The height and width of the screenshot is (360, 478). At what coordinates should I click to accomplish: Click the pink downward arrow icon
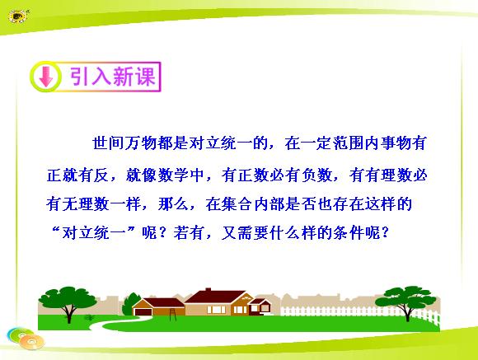(46, 77)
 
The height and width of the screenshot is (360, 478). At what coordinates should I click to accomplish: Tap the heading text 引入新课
(113, 77)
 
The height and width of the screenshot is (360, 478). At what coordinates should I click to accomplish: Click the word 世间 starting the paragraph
(108, 143)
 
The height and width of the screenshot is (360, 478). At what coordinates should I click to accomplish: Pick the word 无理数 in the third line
(86, 204)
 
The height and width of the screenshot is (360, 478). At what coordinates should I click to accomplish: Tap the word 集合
(237, 204)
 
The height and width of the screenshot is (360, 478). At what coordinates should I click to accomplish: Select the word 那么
(173, 204)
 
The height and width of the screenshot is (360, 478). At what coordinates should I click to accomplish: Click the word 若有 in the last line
(189, 233)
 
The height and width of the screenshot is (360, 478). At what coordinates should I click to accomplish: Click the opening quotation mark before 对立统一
(55, 230)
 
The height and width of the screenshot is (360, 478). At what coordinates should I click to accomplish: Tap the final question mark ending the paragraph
(385, 233)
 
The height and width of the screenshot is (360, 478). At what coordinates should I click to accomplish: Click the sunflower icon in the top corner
(17, 16)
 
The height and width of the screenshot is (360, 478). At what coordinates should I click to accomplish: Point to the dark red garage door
(141, 312)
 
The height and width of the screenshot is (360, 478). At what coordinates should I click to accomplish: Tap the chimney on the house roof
(209, 289)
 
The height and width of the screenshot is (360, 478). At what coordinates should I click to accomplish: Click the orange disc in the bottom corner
(31, 342)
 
